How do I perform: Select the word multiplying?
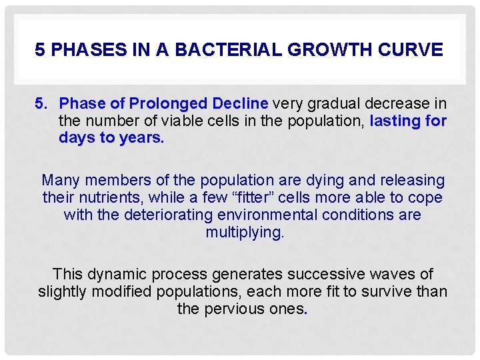click(x=245, y=233)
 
